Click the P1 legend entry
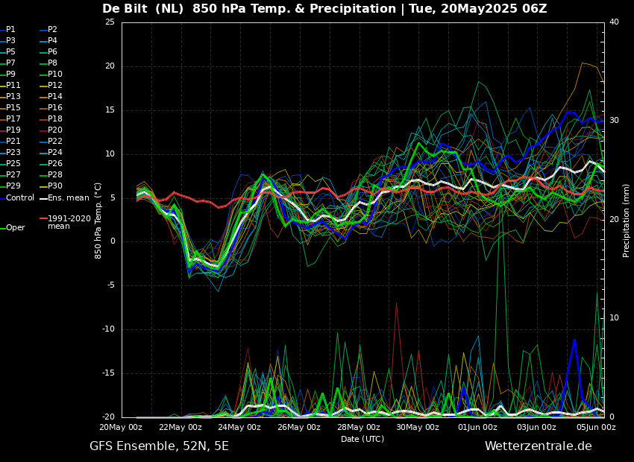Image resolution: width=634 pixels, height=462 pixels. tap(10, 30)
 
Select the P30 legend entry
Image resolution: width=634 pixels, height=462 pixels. tap(55, 186)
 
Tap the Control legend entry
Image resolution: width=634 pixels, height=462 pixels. tap(20, 197)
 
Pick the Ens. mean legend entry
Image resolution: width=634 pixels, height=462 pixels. tap(68, 197)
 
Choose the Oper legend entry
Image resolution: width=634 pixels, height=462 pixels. tap(15, 228)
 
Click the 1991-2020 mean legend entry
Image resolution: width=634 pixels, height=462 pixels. tap(69, 222)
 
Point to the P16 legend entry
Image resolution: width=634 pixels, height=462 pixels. tap(55, 108)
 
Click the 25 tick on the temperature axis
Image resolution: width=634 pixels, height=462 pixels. tap(110, 22)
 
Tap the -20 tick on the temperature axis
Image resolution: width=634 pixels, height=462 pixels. tap(108, 417)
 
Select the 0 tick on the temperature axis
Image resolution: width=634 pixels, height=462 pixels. tap(113, 241)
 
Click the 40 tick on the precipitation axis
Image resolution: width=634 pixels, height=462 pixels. tap(614, 22)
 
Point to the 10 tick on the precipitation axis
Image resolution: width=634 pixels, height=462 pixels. tap(614, 318)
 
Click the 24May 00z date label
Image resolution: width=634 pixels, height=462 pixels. tap(239, 428)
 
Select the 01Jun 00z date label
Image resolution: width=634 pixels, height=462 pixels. tap(477, 428)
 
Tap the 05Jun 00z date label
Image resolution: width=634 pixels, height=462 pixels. tap(597, 428)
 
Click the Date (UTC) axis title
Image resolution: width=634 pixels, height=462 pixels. tap(362, 440)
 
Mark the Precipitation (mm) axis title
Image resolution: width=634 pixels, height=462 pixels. tap(627, 220)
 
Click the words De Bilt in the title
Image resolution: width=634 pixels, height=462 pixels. tap(124, 9)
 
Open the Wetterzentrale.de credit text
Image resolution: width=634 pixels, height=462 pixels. tap(538, 446)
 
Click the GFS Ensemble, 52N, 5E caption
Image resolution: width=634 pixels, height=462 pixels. tap(159, 446)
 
